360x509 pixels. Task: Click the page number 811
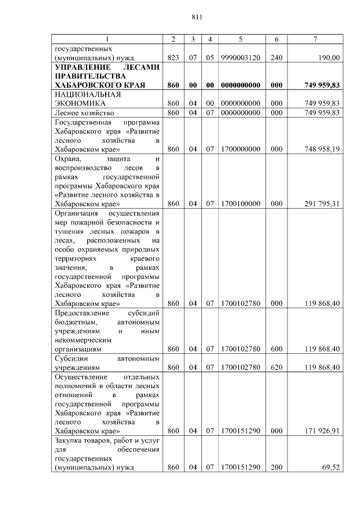pyautogui.click(x=196, y=17)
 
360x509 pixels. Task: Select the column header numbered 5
pyautogui.click(x=240, y=39)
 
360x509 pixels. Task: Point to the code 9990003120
pyautogui.click(x=240, y=57)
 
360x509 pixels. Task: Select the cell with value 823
pyautogui.click(x=173, y=57)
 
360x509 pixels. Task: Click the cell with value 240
pyautogui.click(x=276, y=57)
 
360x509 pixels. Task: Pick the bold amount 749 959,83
pyautogui.click(x=322, y=85)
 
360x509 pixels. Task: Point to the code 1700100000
pyautogui.click(x=240, y=204)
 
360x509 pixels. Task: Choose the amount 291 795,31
pyautogui.click(x=322, y=204)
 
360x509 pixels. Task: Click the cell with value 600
pyautogui.click(x=276, y=349)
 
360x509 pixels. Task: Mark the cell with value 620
pyautogui.click(x=276, y=367)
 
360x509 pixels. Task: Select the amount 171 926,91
pyautogui.click(x=322, y=431)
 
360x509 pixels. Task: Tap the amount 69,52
pyautogui.click(x=331, y=467)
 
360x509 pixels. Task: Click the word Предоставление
pyautogui.click(x=82, y=313)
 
